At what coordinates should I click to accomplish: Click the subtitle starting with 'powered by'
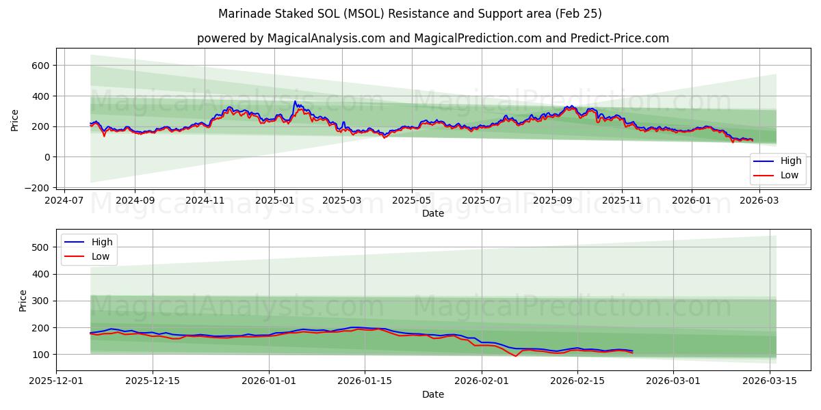click(432, 38)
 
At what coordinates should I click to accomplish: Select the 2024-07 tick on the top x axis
click(64, 200)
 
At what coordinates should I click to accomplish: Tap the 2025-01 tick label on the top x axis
click(274, 200)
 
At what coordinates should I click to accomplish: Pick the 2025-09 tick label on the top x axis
click(552, 200)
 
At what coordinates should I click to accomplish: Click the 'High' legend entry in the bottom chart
click(89, 242)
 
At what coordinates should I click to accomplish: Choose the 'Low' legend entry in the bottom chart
click(89, 257)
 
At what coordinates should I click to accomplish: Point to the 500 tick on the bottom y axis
click(40, 247)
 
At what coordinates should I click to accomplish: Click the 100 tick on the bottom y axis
click(40, 355)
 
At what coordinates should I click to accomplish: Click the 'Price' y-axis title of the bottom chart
click(23, 301)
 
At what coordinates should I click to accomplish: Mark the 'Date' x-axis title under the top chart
click(432, 213)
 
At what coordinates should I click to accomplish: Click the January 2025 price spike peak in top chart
click(296, 102)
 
